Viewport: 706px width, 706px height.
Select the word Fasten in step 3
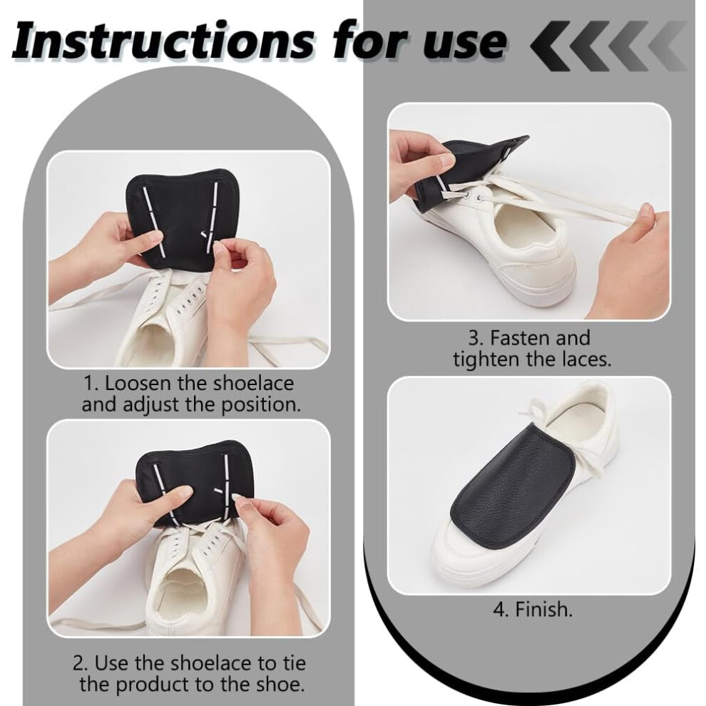pos(520,338)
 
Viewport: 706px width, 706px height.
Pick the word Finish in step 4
pos(543,609)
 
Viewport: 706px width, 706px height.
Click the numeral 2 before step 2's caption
pos(78,663)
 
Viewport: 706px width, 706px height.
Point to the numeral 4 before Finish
pos(500,610)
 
